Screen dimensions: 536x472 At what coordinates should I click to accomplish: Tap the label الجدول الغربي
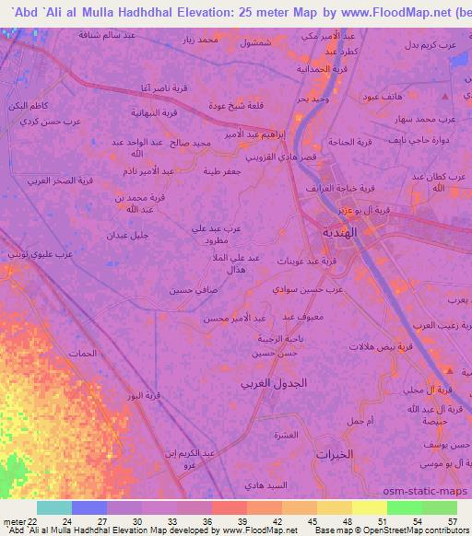[x=274, y=381]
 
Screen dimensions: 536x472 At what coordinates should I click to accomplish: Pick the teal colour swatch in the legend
[x=53, y=507]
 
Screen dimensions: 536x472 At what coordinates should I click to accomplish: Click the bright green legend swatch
[x=404, y=507]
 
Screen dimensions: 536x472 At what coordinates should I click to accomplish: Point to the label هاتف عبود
[x=380, y=97]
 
